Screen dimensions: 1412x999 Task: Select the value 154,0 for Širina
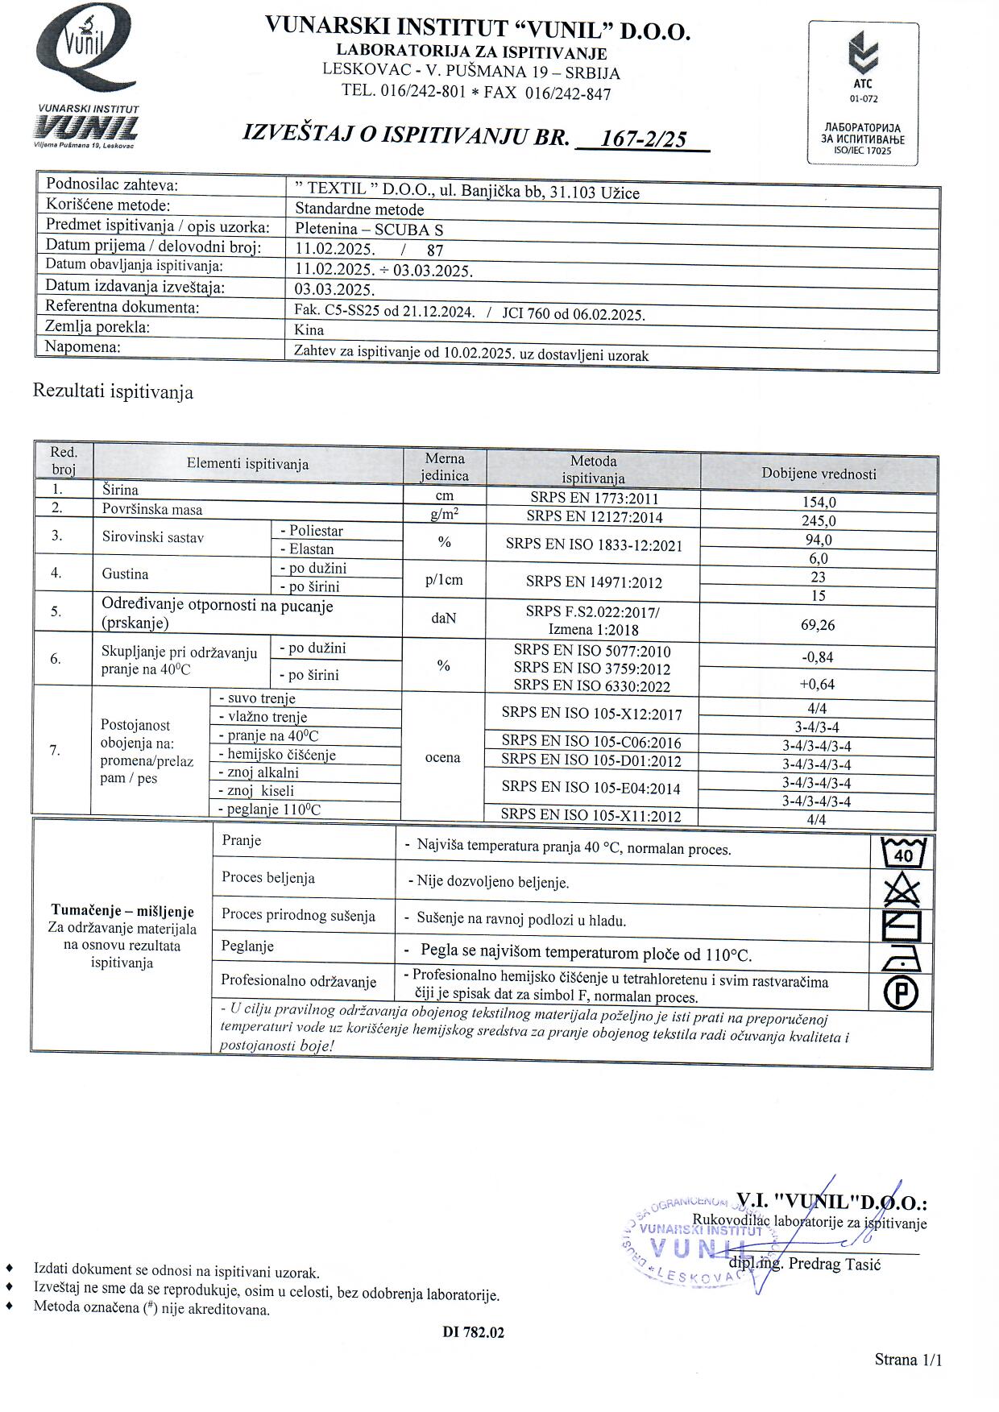click(x=819, y=503)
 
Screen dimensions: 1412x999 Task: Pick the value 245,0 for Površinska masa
click(x=819, y=521)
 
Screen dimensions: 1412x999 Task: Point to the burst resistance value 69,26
click(x=819, y=625)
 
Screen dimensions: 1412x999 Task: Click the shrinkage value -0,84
click(x=818, y=657)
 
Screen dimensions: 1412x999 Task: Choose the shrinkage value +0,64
click(x=818, y=685)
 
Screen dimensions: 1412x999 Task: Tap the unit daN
click(x=444, y=619)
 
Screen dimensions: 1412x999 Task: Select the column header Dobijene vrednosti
click(x=819, y=474)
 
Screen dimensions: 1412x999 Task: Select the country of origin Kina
click(x=309, y=329)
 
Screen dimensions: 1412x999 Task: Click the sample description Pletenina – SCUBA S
click(x=369, y=229)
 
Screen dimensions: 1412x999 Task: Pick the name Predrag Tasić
click(x=835, y=1264)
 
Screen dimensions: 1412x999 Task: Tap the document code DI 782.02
click(x=473, y=1332)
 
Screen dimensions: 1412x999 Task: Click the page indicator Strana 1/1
click(x=908, y=1360)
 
